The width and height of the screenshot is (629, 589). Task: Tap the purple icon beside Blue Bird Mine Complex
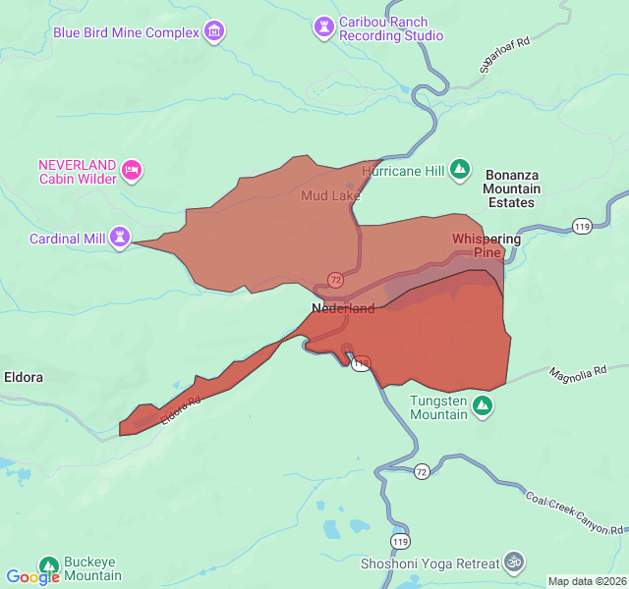click(x=214, y=32)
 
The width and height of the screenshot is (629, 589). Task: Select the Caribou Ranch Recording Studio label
click(x=391, y=28)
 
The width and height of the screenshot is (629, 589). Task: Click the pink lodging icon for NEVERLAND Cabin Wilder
click(x=132, y=172)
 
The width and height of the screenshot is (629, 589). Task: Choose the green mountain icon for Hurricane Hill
click(x=459, y=170)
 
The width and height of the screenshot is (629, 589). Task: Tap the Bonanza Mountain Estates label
click(x=512, y=188)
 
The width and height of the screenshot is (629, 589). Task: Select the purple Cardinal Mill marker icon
click(x=120, y=238)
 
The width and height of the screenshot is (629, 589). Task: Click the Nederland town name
click(x=343, y=308)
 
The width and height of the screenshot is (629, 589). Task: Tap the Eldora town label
click(x=24, y=377)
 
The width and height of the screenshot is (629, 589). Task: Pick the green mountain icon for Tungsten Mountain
click(x=483, y=405)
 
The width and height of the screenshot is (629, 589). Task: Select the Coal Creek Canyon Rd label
click(x=574, y=513)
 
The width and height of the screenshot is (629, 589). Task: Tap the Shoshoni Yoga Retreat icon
click(x=512, y=562)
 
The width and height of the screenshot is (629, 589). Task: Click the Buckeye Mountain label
click(x=92, y=568)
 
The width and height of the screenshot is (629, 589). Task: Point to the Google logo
click(x=32, y=577)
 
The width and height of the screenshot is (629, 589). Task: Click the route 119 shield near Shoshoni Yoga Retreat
click(x=399, y=542)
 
